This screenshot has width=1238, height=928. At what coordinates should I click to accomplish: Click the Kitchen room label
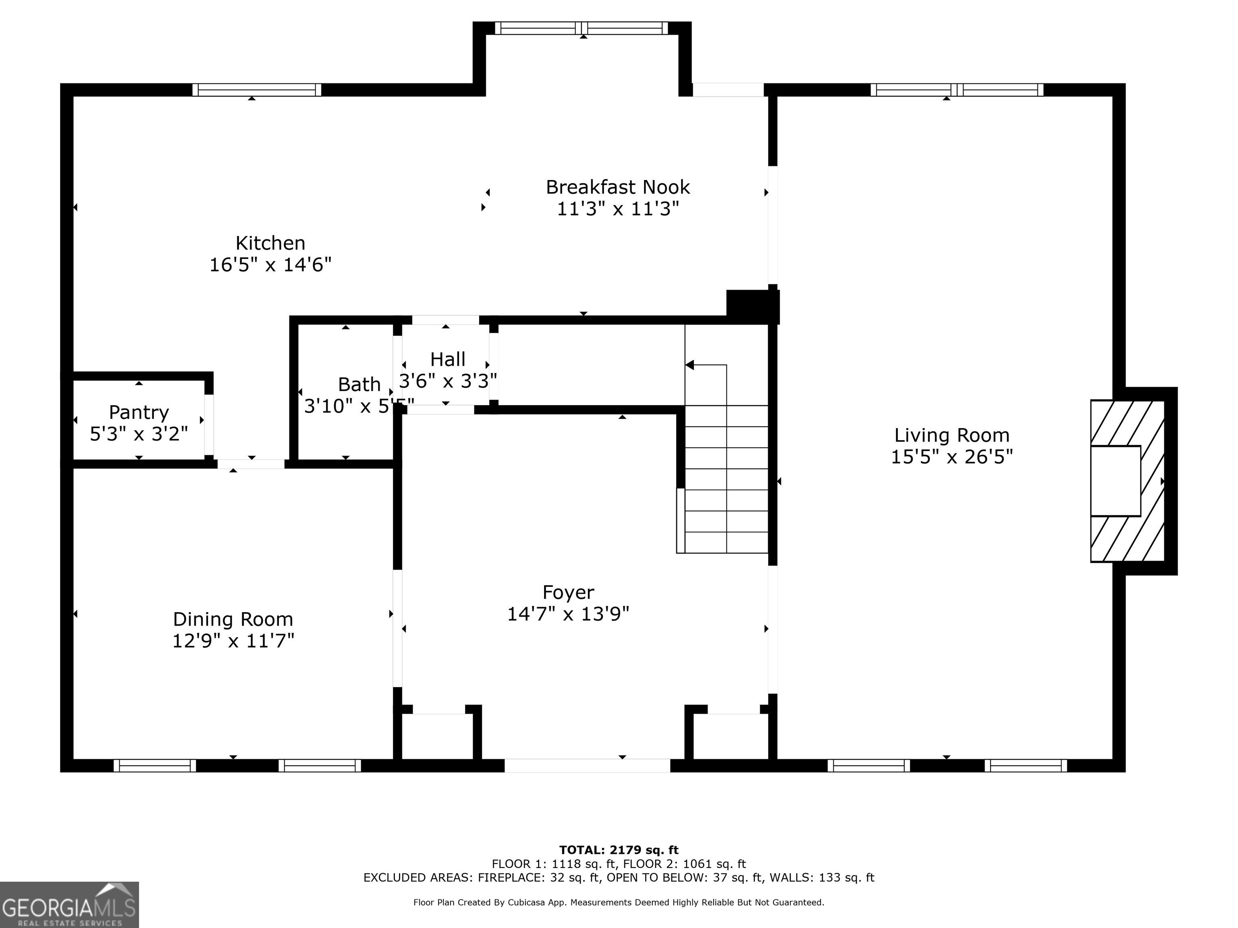[270, 243]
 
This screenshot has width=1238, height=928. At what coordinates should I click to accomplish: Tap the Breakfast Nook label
[618, 187]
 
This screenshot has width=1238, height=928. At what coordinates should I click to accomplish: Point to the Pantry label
[139, 412]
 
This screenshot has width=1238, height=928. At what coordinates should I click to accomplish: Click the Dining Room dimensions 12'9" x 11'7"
[233, 640]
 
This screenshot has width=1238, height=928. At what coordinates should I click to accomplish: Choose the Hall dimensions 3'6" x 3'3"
[448, 381]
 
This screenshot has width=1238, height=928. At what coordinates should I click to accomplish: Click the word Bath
[359, 385]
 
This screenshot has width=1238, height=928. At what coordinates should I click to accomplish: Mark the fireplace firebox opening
[1115, 481]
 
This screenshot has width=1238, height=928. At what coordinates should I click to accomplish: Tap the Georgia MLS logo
[69, 905]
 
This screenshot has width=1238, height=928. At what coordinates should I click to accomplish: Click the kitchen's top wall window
[257, 90]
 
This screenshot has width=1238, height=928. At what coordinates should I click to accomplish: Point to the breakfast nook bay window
[582, 28]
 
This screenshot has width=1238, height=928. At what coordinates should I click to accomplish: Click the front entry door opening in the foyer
[587, 766]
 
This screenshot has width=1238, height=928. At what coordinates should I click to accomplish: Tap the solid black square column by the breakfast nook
[752, 307]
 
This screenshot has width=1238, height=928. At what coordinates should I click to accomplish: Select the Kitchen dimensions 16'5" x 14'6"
[270, 265]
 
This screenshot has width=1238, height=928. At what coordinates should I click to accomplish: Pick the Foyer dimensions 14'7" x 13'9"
[568, 614]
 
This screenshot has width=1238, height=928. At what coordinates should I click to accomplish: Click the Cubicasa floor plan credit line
[619, 902]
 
